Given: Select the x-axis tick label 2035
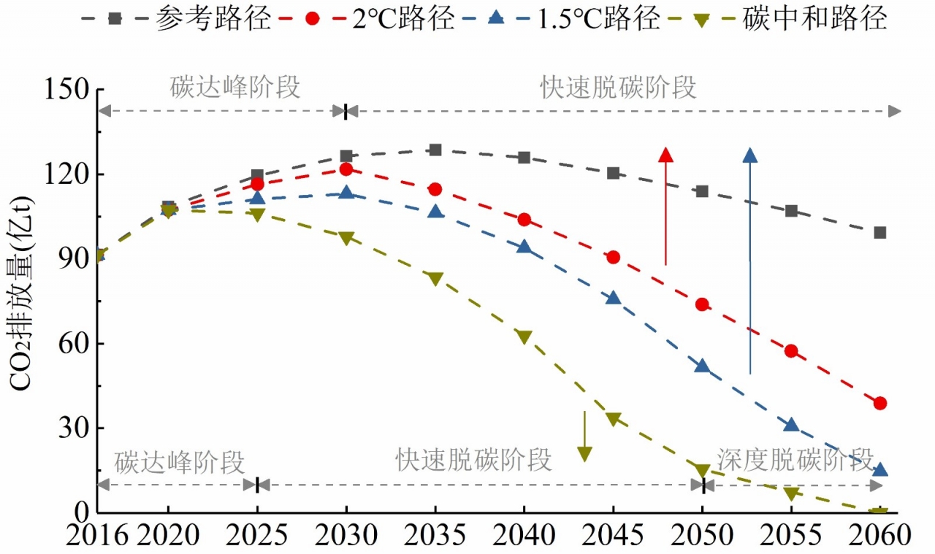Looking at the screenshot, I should click(435, 536).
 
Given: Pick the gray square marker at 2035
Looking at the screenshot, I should click(435, 150).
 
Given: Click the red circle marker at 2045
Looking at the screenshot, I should click(614, 257).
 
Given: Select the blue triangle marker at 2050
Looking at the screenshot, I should click(703, 366).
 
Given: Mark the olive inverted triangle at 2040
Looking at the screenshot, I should click(524, 337).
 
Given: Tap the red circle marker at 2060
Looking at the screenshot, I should click(880, 403).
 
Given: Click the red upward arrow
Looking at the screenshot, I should click(665, 208).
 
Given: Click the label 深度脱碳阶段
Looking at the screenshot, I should click(795, 460).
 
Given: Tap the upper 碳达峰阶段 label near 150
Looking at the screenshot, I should click(235, 87).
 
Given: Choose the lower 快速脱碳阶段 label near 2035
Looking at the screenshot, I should click(474, 461).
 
